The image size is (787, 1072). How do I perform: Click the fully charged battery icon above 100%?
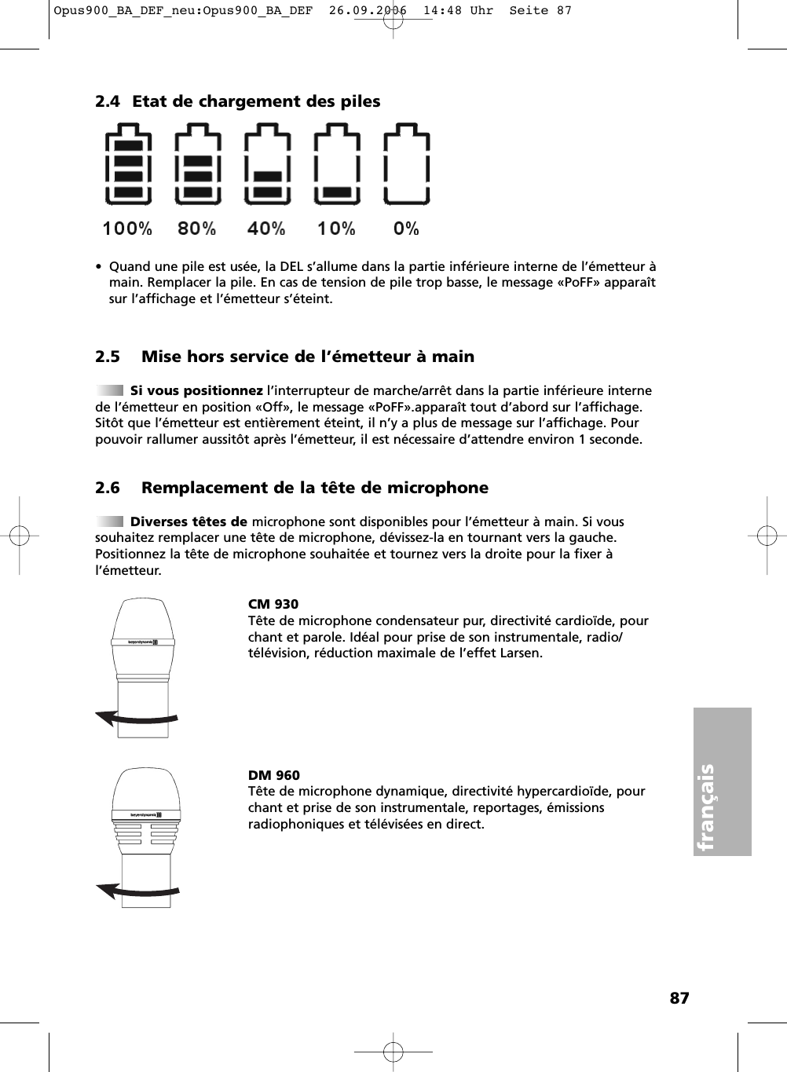[x=128, y=165]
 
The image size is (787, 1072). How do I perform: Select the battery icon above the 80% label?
[x=198, y=165]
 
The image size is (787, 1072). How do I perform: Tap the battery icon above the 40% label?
[x=268, y=165]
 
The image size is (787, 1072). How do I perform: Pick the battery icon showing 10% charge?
[x=337, y=165]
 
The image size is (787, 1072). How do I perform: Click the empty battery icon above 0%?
[x=407, y=165]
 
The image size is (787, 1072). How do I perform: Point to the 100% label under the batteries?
[x=127, y=229]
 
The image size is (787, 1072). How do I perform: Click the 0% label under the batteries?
[x=406, y=229]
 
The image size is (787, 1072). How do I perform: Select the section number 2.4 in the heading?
[x=108, y=101]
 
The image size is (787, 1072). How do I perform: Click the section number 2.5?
[x=108, y=357]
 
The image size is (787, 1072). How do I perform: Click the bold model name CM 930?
[x=273, y=604]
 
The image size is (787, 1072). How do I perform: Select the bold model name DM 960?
[x=274, y=775]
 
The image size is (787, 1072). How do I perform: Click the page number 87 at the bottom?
[x=679, y=998]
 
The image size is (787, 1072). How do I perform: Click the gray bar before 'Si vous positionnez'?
[x=110, y=390]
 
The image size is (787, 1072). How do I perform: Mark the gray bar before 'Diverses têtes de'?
[x=110, y=521]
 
